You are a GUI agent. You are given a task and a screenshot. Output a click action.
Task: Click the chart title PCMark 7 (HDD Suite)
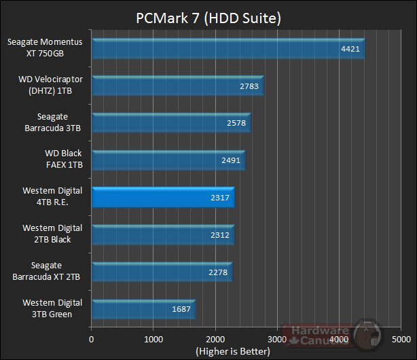[208, 16]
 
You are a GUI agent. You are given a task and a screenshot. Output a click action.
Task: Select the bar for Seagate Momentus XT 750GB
[228, 49]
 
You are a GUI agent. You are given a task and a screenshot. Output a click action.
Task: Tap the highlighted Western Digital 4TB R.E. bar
[163, 198]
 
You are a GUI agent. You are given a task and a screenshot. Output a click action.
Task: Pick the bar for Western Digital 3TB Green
[143, 310]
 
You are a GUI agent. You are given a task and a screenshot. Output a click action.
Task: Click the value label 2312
[220, 235]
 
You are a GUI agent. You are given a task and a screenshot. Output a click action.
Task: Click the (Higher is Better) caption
[232, 351]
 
